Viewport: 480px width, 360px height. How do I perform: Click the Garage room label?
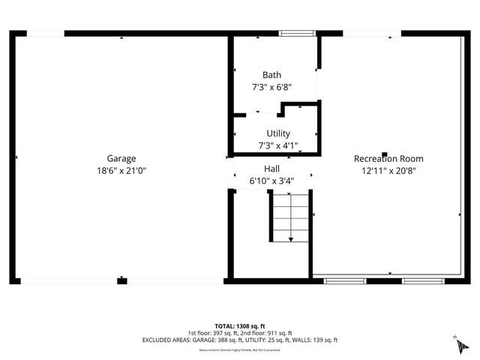point(121,158)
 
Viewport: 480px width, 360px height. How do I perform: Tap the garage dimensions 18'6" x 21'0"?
point(121,170)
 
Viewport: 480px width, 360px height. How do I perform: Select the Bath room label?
point(271,75)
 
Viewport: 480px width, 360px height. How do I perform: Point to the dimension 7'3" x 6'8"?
point(271,87)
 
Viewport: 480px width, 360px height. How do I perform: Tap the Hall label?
point(271,169)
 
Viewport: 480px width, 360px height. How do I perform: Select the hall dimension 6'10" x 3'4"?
point(271,181)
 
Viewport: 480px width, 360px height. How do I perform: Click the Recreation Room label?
point(388,158)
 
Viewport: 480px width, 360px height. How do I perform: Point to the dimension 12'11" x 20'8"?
point(388,170)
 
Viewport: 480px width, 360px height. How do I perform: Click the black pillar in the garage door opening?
point(121,281)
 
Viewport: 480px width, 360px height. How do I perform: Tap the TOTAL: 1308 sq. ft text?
point(240,326)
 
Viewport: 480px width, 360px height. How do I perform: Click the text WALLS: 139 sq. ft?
point(316,340)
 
